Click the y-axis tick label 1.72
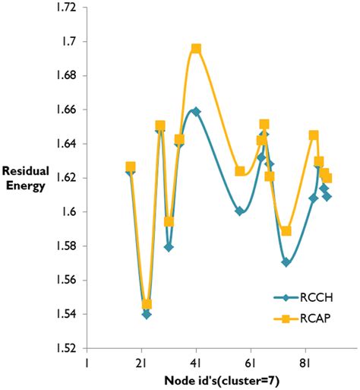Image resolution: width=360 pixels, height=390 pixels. point(66,8)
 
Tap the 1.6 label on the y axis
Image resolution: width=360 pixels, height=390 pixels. point(70,212)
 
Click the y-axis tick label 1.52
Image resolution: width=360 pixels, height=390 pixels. point(66,348)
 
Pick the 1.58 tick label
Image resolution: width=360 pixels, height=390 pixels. point(66,246)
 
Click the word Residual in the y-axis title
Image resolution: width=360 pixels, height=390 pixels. point(26,171)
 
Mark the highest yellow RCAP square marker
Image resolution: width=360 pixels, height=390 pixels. point(196,49)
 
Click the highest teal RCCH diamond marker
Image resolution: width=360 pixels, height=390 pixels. point(196,112)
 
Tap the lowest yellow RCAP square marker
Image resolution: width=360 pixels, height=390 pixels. point(147,304)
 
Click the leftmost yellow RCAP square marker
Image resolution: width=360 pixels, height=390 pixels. point(131,166)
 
